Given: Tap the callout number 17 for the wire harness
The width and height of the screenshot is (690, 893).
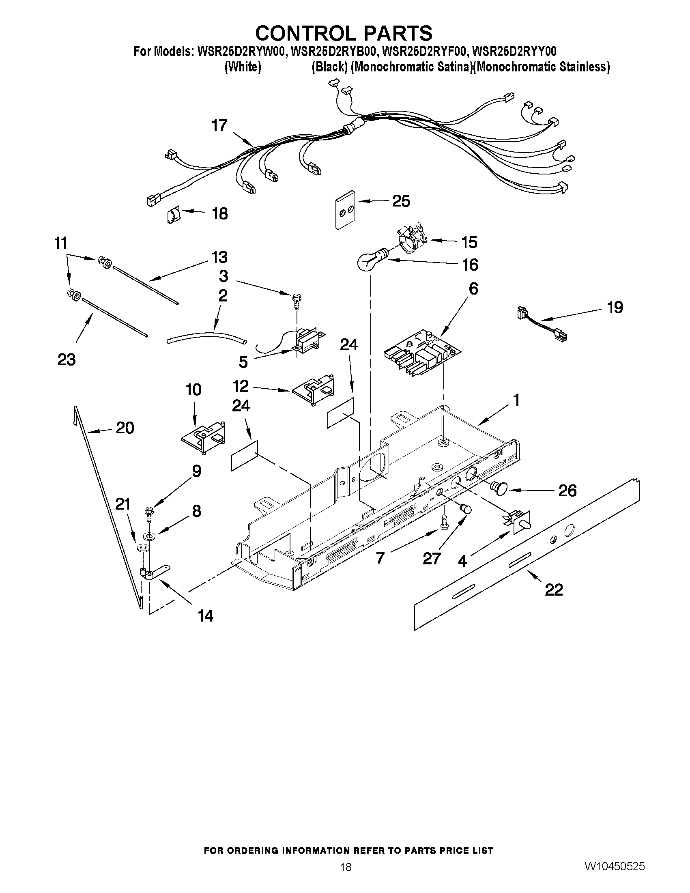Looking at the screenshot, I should (219, 125).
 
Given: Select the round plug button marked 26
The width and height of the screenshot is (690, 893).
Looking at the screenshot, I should (500, 488).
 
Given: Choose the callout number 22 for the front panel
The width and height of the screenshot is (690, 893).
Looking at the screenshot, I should (553, 589).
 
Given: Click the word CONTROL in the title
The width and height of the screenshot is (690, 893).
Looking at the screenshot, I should (307, 33).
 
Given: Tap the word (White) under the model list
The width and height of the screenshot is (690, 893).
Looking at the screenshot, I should (243, 67).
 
